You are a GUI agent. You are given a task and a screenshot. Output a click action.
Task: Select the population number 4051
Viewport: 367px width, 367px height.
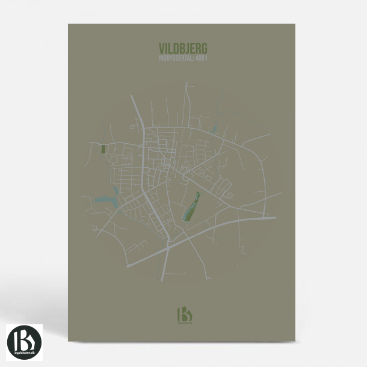202,58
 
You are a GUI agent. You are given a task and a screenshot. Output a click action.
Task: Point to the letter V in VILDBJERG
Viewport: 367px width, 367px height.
162,48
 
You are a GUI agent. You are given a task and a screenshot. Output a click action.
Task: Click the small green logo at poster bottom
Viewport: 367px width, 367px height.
183,315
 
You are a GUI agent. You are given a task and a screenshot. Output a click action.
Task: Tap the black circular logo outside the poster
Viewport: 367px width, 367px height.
25,342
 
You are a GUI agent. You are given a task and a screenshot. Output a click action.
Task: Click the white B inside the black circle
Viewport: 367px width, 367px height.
25,339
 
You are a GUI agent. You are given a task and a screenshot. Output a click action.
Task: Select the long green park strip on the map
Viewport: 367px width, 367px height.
191,206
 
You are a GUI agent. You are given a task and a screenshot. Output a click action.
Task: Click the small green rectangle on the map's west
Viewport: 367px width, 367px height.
103,149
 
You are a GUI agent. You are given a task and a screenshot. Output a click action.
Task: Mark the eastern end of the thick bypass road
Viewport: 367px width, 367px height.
274,217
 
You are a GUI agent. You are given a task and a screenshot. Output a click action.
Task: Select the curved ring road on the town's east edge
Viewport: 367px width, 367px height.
263,174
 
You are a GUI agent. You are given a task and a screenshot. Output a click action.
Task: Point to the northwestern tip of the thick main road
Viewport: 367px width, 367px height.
132,97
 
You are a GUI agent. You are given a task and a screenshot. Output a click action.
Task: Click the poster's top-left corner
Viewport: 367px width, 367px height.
69,25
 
